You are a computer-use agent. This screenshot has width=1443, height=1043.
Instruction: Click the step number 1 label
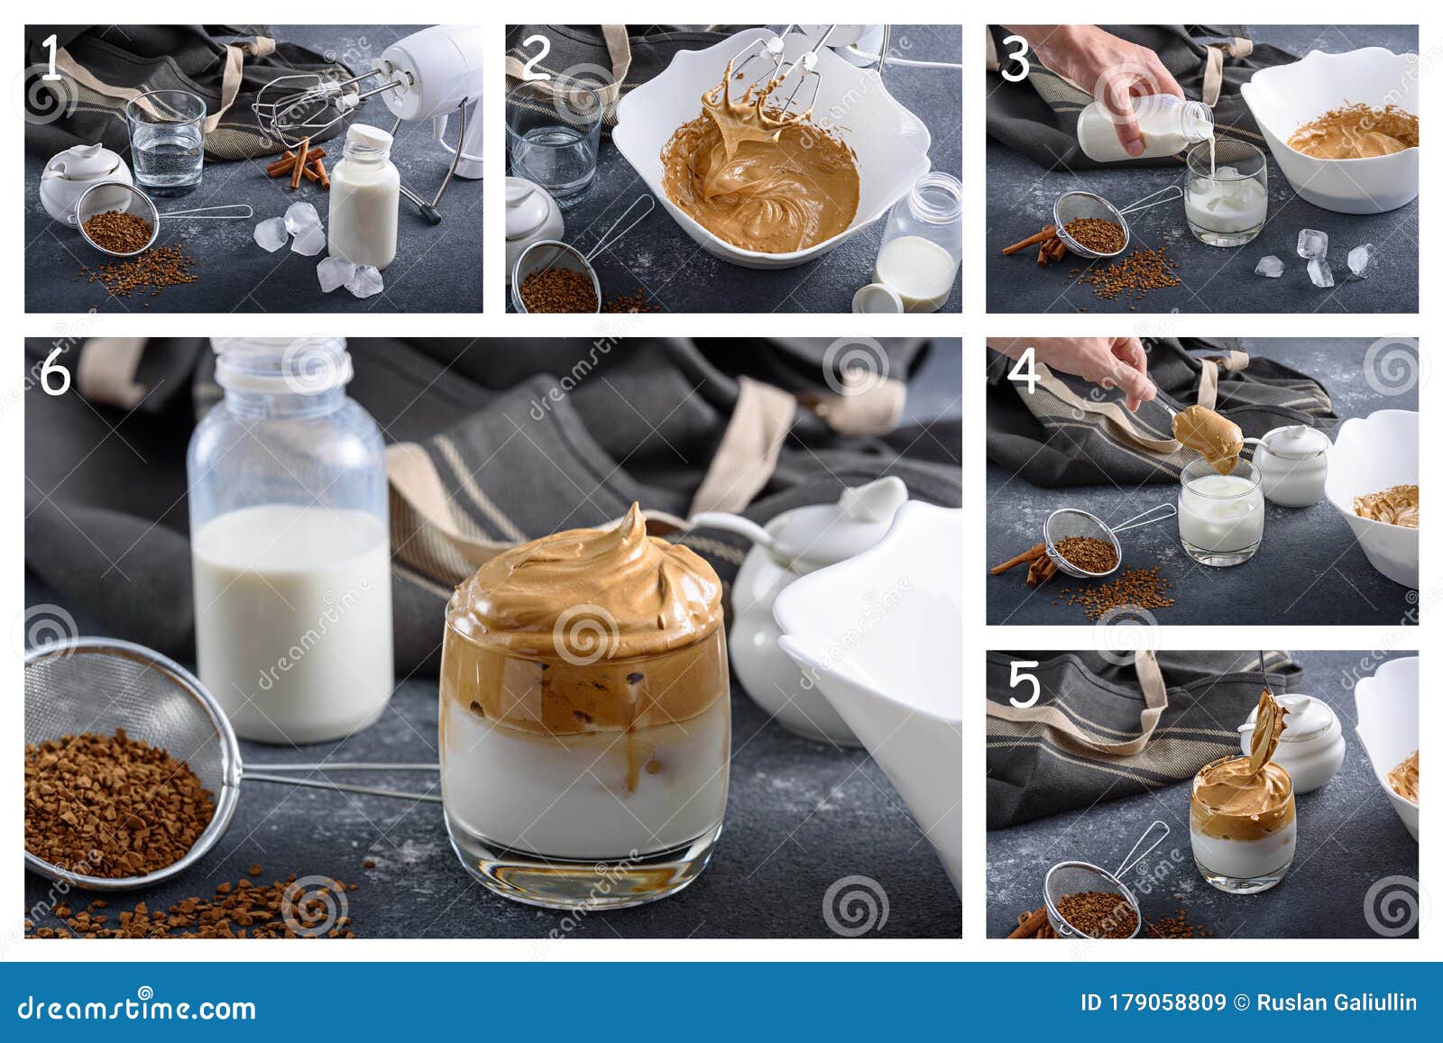[x=51, y=58]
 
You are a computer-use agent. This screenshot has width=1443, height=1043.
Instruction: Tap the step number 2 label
[x=536, y=58]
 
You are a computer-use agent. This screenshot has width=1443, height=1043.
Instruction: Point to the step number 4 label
[x=1023, y=371]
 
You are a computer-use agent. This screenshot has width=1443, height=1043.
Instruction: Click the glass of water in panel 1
[x=166, y=142]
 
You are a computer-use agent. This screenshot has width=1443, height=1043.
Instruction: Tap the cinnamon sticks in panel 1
[x=299, y=163]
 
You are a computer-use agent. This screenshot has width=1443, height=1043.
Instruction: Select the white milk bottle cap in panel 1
[x=369, y=138]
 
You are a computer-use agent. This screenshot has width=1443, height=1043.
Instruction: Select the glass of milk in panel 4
[x=1220, y=512]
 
